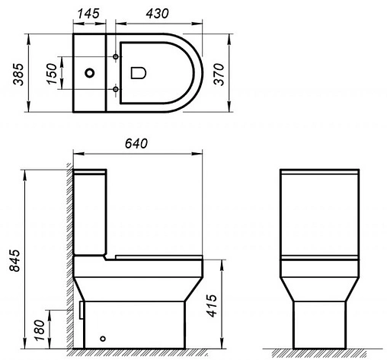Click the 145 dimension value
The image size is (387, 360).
click(92, 14)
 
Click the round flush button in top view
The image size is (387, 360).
click(91, 74)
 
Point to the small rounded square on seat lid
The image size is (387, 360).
click(139, 73)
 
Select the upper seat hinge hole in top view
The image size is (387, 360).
click(115, 58)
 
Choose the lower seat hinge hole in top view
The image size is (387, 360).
click(115, 89)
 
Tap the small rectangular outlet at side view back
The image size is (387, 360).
click(81, 308)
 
